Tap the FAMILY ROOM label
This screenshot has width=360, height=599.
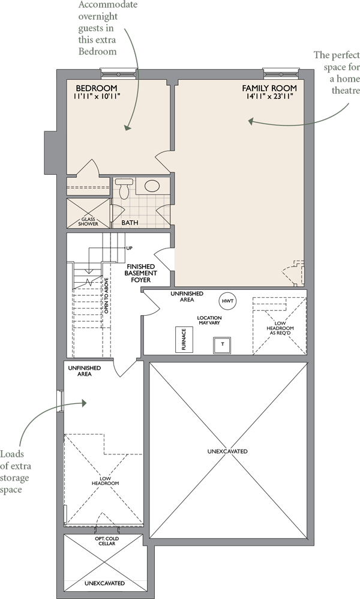pos(269,88)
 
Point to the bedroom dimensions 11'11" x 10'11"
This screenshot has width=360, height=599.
pos(97,96)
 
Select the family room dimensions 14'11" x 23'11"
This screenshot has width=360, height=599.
pos(269,96)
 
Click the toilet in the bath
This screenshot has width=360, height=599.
pos(124,188)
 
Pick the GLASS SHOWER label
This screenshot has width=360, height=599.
pos(88,221)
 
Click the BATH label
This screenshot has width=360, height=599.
pos(130,222)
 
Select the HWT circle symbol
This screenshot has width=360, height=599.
pos(227,301)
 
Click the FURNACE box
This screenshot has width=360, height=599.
pos(184,340)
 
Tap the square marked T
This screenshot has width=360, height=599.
pos(222,345)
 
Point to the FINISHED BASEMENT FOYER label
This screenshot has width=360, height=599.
pos(140,273)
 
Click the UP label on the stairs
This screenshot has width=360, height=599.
pos(130,248)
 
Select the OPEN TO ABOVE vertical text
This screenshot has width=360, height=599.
pos(106,295)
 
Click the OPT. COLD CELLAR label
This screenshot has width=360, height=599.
pos(107,541)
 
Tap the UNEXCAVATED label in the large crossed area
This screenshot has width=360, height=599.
pos(227,451)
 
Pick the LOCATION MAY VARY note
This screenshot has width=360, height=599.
pos(209,320)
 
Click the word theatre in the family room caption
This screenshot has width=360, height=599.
pos(346,91)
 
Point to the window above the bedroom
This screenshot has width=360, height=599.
pos(118,73)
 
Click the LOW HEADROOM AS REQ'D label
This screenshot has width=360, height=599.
pos(280,328)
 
